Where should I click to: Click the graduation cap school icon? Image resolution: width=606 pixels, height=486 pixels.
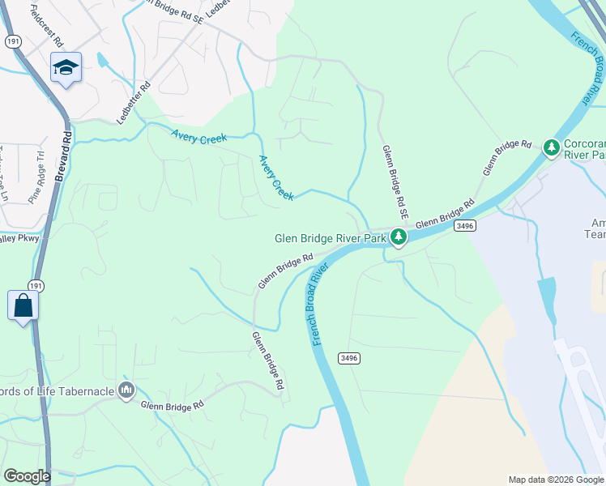[x=66, y=67]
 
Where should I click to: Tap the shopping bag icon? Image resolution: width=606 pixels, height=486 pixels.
[x=23, y=305]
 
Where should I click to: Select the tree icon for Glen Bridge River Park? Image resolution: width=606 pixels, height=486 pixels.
[x=398, y=237]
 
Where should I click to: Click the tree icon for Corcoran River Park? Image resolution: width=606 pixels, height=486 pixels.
[x=552, y=147]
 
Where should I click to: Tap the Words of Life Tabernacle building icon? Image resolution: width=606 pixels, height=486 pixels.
[x=126, y=391]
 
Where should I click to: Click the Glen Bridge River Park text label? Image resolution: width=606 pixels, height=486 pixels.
[x=331, y=237]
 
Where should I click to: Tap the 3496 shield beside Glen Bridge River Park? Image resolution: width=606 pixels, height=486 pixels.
[x=463, y=225]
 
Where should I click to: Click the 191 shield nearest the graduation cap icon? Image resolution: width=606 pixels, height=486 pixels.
[x=12, y=41]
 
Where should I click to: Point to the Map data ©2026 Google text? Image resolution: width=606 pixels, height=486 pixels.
[x=556, y=480]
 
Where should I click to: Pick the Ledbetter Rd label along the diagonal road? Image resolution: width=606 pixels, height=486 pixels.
[x=134, y=102]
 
